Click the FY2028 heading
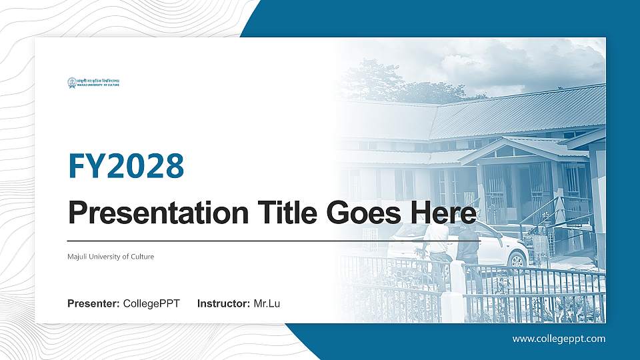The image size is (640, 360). [x=126, y=166]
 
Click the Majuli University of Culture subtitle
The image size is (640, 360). [x=111, y=257]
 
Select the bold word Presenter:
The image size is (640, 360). [x=93, y=304]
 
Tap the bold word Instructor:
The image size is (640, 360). [x=224, y=304]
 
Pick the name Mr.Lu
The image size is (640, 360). [x=267, y=304]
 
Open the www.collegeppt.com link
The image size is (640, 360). [x=559, y=339]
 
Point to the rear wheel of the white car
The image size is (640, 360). [x=517, y=260]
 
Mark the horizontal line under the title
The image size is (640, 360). [x=267, y=240]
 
